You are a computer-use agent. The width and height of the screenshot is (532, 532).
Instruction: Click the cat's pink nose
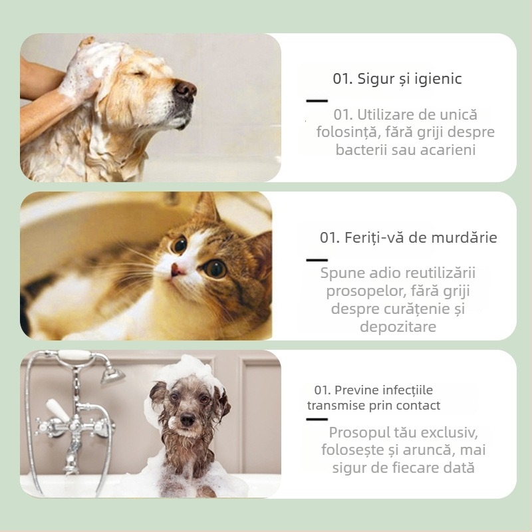point(178,269)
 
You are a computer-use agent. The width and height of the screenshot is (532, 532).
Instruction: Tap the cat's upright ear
point(207,209)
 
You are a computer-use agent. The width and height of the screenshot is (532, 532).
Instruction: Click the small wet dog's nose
point(188,420)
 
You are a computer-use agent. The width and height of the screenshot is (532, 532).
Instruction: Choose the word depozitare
point(398,327)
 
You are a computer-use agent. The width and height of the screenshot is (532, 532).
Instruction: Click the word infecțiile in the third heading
point(404,390)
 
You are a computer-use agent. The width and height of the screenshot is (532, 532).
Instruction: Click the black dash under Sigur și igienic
point(317,100)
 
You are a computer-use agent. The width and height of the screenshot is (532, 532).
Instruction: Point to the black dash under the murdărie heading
point(317,260)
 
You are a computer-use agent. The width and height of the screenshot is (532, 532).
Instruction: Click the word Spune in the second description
point(342,273)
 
